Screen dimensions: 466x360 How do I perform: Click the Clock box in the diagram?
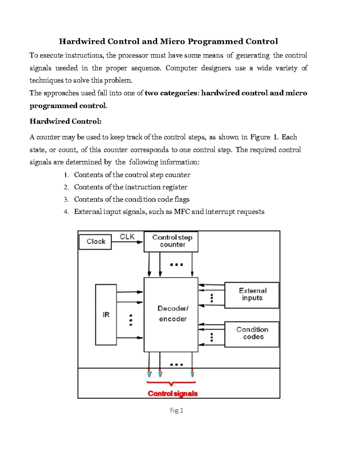click(x=95, y=242)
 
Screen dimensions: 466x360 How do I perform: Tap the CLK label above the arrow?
click(x=127, y=237)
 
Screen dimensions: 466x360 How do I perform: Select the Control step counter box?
click(x=171, y=241)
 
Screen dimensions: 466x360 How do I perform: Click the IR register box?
click(x=106, y=314)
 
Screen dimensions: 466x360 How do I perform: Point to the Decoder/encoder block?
click(x=171, y=314)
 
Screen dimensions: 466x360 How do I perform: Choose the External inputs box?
click(x=252, y=295)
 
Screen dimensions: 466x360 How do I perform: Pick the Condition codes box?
click(x=252, y=334)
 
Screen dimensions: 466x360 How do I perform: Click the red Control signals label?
click(x=172, y=393)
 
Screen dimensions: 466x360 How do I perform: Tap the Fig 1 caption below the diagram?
click(x=176, y=410)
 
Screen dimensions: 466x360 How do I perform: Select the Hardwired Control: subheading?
click(x=65, y=121)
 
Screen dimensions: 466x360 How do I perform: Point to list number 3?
click(x=66, y=200)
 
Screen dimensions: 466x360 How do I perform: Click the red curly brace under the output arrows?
click(x=171, y=383)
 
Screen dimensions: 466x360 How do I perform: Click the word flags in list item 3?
click(x=182, y=200)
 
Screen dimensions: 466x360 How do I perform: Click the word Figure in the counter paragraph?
click(x=260, y=137)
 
